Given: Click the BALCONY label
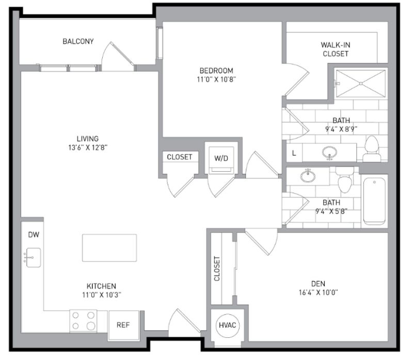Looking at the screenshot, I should coord(78,41).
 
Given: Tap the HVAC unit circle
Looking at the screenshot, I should coord(228,326).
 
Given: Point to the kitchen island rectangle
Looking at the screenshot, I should coord(109,248).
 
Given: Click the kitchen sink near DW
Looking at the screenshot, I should coord(33,257).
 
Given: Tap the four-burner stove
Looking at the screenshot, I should coord(83,320).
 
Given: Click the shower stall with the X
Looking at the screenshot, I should coord(360,83).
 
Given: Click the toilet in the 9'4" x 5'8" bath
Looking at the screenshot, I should coord(344,181).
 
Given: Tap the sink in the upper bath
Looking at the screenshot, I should coord(329,153).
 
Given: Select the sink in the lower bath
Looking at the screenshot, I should coord(308,176).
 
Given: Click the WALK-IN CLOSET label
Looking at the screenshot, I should coord(335,49).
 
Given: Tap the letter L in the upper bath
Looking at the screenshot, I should coord(294,153).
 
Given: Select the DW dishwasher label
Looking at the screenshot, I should coord(34,235).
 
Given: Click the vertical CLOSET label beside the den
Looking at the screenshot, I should coord(217,269).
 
